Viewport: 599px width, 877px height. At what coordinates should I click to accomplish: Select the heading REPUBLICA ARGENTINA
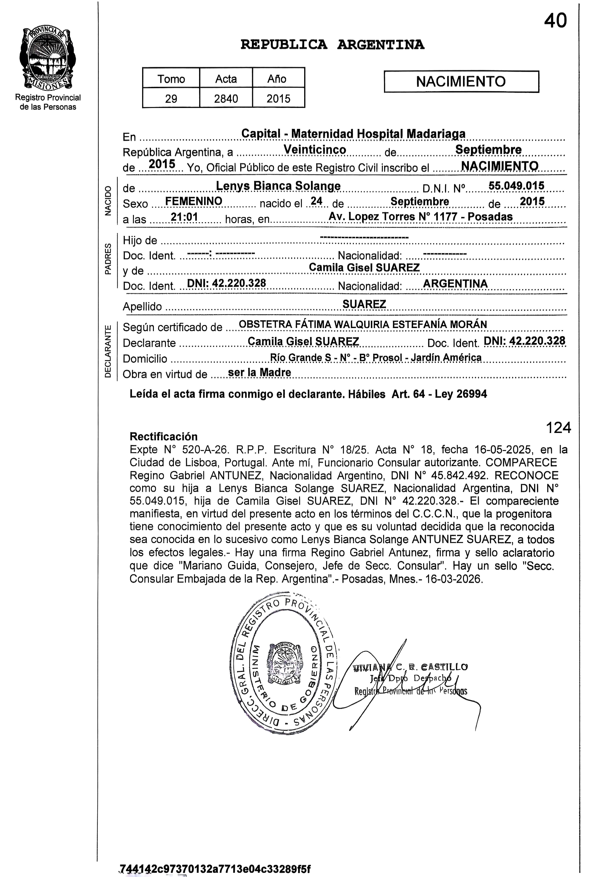pyautogui.click(x=332, y=45)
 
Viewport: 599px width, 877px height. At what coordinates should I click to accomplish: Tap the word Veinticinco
pyautogui.click(x=315, y=150)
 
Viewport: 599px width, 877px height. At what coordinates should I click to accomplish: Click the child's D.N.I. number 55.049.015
pyautogui.click(x=516, y=186)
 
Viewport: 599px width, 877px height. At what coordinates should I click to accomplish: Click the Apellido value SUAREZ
pyautogui.click(x=364, y=304)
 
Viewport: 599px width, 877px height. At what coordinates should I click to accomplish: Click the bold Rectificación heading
pyautogui.click(x=163, y=437)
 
